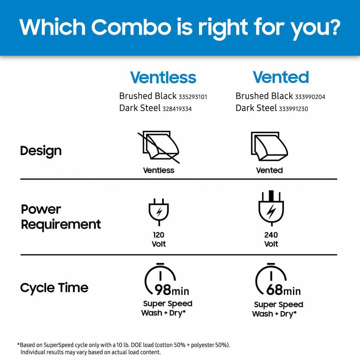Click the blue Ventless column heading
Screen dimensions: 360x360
(163, 77)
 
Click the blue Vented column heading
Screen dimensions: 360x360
(281, 77)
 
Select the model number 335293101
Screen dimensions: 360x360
(193, 97)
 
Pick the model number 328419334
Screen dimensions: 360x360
(177, 109)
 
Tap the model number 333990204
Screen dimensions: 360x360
(310, 97)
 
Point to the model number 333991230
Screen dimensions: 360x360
(293, 109)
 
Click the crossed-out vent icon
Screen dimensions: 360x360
(159, 147)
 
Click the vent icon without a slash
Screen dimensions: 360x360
(269, 146)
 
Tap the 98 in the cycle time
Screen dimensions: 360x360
(163, 290)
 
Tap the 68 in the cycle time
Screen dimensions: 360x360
(274, 290)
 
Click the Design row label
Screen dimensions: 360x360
(41, 151)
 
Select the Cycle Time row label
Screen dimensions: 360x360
(54, 288)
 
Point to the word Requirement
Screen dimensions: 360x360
(61, 225)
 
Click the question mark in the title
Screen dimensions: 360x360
(333, 27)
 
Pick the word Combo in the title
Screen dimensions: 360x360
(131, 27)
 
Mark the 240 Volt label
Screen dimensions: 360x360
(271, 239)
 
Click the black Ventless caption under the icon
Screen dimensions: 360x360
(159, 170)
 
